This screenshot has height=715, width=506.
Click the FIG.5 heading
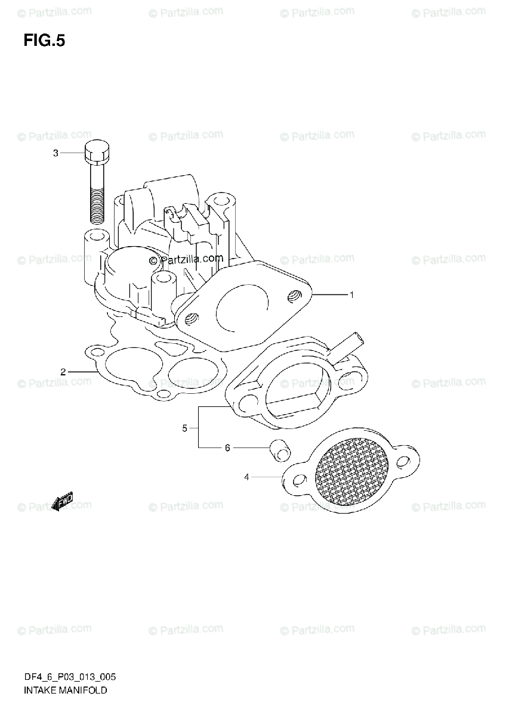pos(44,41)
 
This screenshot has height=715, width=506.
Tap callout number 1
pos(352,294)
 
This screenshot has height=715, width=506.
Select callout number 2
pos(63,372)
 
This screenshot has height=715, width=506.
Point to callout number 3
pos(55,153)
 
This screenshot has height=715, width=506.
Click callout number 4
pos(246,477)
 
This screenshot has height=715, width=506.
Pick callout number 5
pos(186,428)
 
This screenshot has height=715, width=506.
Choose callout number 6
pos(227,447)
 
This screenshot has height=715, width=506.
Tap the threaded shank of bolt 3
pos(97,197)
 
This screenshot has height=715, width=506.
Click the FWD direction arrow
pos(62,501)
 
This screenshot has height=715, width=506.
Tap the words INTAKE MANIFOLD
pos(66,691)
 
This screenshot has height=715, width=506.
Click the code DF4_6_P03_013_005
pos(70,677)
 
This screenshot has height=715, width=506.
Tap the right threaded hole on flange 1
pos(294,295)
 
